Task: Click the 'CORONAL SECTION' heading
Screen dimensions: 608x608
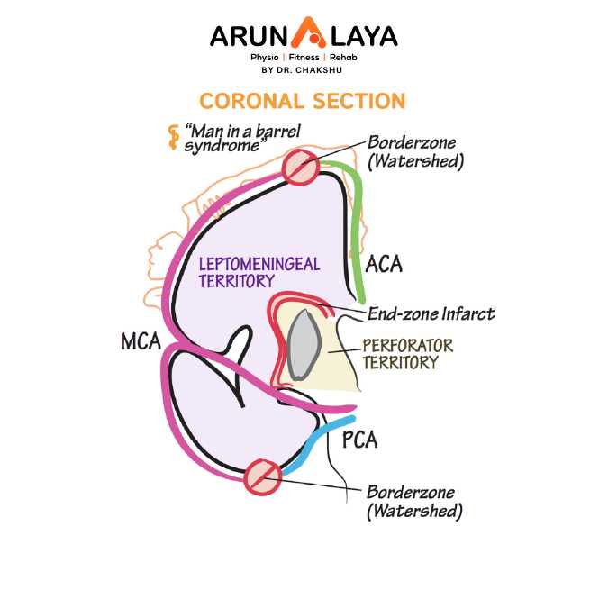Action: [303, 100]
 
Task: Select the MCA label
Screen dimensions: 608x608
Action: [140, 342]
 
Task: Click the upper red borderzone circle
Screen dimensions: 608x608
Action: [300, 168]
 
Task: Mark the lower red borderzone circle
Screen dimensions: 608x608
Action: [263, 476]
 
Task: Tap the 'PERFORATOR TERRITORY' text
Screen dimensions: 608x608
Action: [407, 354]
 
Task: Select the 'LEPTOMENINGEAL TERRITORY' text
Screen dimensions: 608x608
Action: [259, 272]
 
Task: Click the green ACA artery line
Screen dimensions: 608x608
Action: [358, 225]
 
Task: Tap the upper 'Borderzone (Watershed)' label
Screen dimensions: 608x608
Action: [414, 152]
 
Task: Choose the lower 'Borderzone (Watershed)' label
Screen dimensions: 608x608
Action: [414, 502]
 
